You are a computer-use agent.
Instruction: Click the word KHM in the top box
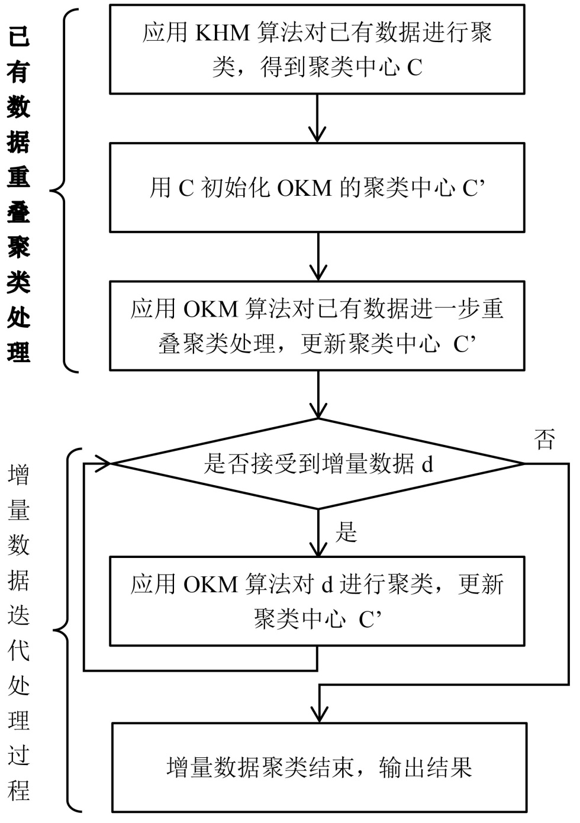click(x=222, y=33)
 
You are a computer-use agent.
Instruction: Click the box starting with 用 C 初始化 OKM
click(x=317, y=188)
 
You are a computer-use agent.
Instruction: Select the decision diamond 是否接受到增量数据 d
click(x=317, y=464)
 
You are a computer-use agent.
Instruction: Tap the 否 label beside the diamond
click(x=544, y=439)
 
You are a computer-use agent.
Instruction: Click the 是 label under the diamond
click(x=346, y=532)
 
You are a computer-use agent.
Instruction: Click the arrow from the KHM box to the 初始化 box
click(x=318, y=118)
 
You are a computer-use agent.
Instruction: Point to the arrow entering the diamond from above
click(x=318, y=395)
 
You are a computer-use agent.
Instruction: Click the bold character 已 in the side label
click(x=19, y=37)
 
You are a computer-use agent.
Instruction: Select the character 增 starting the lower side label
click(x=19, y=475)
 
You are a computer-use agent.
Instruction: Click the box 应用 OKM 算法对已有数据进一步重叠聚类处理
click(x=317, y=326)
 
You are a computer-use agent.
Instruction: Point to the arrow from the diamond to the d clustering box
click(x=318, y=532)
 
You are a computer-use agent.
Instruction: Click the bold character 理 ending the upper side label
click(x=19, y=351)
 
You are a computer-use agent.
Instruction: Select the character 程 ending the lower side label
click(x=19, y=790)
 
